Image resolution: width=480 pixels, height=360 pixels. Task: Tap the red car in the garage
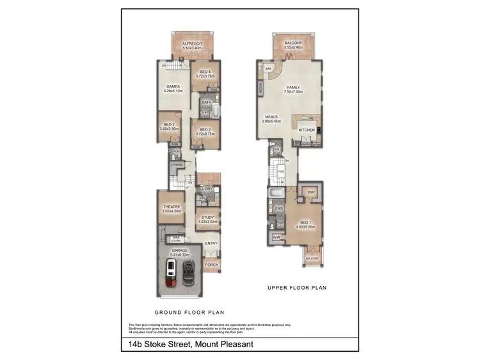click(172, 270)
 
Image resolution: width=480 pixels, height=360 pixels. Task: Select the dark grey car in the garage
click(188, 270)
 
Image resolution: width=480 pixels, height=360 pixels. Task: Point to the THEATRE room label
click(171, 207)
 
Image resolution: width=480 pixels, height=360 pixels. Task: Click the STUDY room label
click(207, 217)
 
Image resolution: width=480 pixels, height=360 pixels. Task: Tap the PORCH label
click(211, 264)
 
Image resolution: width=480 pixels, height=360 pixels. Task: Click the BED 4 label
click(205, 72)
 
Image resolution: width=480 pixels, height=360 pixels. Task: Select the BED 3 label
click(169, 124)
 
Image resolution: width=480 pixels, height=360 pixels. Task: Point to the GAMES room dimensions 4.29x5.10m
click(173, 91)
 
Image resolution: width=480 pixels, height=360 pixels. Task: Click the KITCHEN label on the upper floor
click(307, 130)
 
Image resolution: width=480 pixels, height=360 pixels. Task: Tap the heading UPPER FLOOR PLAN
click(297, 288)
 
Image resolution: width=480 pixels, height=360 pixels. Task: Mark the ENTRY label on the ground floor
click(211, 243)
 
